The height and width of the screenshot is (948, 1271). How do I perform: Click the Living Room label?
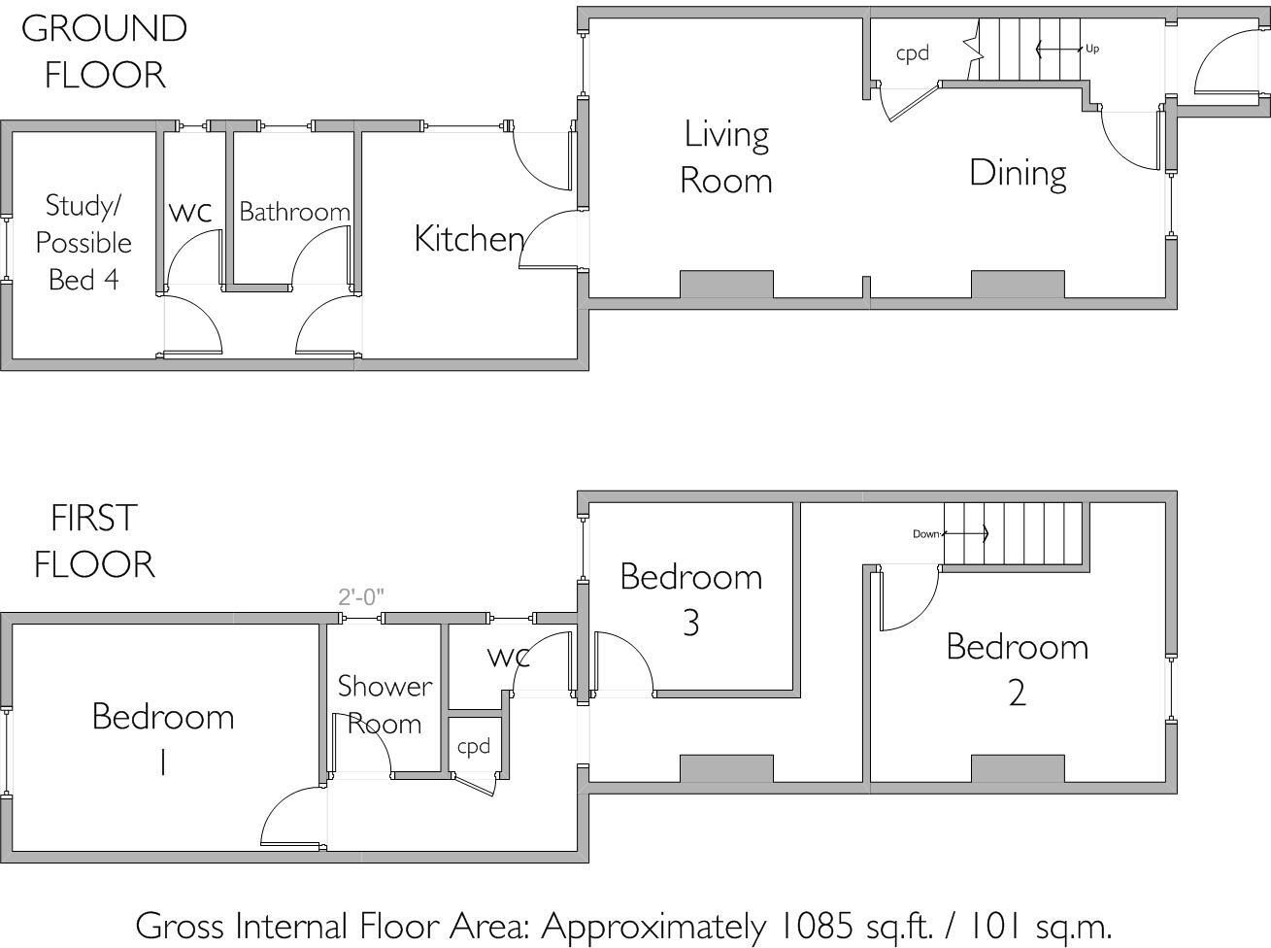coord(726,157)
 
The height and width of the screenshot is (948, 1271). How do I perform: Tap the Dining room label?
coord(1018,174)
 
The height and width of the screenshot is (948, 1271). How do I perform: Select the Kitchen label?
coord(469,239)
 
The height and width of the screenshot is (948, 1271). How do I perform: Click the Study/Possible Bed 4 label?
coord(84,243)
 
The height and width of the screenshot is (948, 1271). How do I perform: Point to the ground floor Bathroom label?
coord(294,212)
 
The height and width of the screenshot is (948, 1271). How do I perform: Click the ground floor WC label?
coord(190,213)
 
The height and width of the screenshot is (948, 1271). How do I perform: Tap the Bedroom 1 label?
coord(163,739)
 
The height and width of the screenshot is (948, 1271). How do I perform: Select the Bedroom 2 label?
coord(1017,669)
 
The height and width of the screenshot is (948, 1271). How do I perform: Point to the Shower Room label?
coord(385,704)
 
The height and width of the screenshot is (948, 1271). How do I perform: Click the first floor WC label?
coord(508,658)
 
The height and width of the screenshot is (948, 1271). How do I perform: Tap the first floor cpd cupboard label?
coord(474,746)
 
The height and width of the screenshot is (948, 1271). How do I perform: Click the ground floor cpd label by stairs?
coord(912,53)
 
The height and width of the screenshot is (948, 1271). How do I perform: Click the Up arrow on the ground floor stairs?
coord(1060,49)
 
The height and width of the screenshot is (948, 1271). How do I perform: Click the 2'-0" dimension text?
coord(361,596)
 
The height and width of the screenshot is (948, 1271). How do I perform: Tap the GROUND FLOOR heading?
coord(104,51)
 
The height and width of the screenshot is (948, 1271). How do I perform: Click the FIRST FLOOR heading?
coord(94,541)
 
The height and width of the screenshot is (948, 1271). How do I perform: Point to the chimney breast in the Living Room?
coord(726,285)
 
